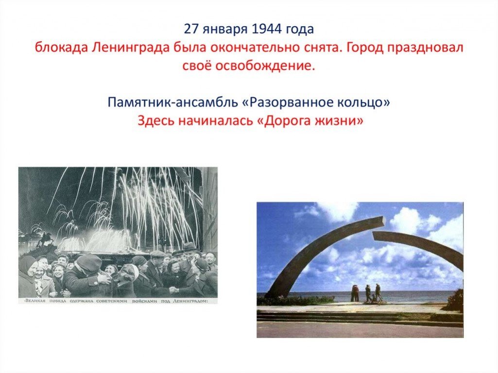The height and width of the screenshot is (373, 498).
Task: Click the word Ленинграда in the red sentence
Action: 131,48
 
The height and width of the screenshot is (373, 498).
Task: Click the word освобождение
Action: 265,67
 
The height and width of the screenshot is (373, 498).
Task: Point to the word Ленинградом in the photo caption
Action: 190,301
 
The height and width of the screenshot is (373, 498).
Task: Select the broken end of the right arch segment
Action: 375,236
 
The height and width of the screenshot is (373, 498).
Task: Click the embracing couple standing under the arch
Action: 354,293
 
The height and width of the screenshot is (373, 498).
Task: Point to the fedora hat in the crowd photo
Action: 189,246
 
